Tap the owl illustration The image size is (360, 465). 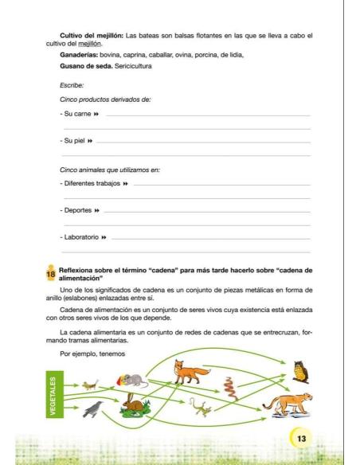pyautogui.click(x=299, y=370)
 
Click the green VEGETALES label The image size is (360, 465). pyautogui.click(x=53, y=395)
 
